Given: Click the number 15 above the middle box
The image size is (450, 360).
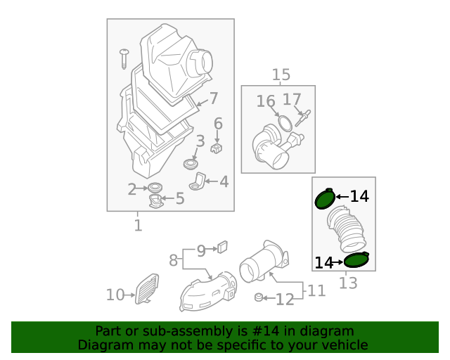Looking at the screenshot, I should pyautogui.click(x=281, y=75).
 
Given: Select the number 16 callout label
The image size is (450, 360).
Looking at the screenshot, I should pyautogui.click(x=266, y=101).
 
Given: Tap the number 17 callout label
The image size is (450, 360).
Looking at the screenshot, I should pyautogui.click(x=292, y=100).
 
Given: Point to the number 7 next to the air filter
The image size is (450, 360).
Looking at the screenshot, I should pyautogui.click(x=213, y=98).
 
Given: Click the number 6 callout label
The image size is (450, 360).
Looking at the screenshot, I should pyautogui.click(x=218, y=124).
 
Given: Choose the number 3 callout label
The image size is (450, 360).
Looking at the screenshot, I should pyautogui.click(x=200, y=141).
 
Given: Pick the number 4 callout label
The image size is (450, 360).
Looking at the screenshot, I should pyautogui.click(x=224, y=182).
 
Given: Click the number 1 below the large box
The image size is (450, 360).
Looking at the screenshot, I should pyautogui.click(x=138, y=226).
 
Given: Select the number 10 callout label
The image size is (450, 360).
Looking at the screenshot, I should pyautogui.click(x=115, y=295).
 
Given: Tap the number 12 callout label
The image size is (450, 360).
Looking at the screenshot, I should pyautogui.click(x=284, y=300).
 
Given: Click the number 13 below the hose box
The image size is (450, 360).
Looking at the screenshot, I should pyautogui.click(x=348, y=283).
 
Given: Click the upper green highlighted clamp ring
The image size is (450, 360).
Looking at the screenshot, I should pyautogui.click(x=325, y=200).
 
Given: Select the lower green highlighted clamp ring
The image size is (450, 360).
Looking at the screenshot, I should pyautogui.click(x=356, y=260).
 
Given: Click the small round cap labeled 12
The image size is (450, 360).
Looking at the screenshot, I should pyautogui.click(x=259, y=298).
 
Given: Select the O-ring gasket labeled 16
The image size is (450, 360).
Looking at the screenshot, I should pyautogui.click(x=284, y=124).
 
